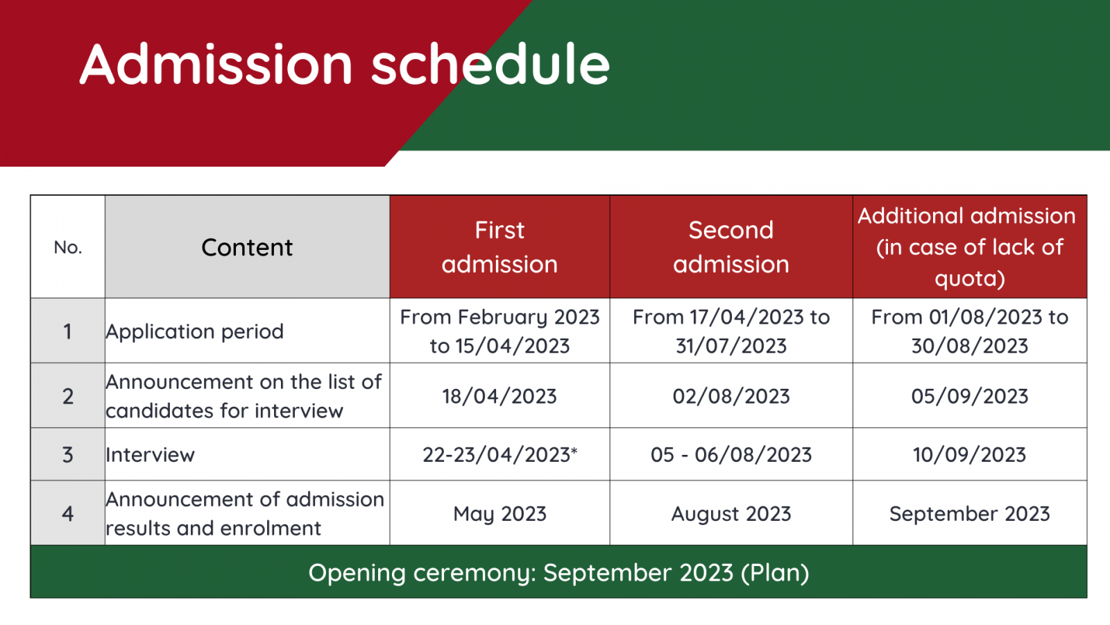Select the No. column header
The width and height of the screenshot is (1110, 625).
point(68,247)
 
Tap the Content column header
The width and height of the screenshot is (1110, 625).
point(247,247)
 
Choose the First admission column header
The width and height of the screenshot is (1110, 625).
point(499,247)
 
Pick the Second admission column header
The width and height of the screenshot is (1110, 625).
point(731,247)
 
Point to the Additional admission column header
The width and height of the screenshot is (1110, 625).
point(970,247)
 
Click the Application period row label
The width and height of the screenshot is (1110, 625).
point(195,331)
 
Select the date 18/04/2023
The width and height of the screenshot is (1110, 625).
point(499,397)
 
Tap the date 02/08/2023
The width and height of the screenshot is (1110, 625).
point(731,397)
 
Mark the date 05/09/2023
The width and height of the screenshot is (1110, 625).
point(970,397)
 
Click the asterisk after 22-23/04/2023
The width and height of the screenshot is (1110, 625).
point(574,451)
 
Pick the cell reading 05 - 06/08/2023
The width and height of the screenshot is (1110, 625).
point(731,455)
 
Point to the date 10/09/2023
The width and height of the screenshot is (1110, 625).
point(970,455)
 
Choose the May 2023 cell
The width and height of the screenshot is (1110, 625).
point(499,514)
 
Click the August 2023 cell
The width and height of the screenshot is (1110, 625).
point(731,514)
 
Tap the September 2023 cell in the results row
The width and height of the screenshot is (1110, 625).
point(970,514)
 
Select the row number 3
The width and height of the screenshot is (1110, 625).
point(68,455)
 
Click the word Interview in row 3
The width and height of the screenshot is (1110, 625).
point(150,455)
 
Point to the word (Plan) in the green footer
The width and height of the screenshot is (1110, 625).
point(775,573)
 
